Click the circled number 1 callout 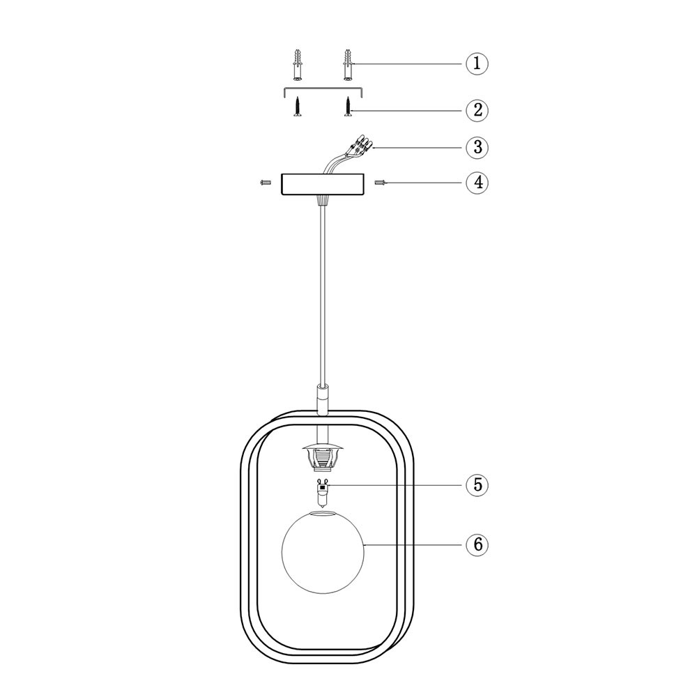[477, 63]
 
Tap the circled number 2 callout [477, 110]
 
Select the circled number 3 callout [477, 147]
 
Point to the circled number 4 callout [477, 182]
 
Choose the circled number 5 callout [477, 484]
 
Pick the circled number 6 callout [477, 544]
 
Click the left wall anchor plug [298, 65]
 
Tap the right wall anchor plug [348, 65]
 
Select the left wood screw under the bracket [297, 107]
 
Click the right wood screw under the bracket [348, 107]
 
